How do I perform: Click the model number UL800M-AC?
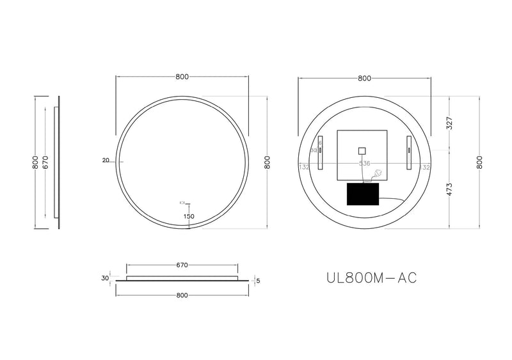click(372, 278)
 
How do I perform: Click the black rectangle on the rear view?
click(363, 194)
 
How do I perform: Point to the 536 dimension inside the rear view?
click(364, 164)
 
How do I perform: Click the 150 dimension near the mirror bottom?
click(189, 217)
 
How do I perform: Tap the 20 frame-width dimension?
click(106, 160)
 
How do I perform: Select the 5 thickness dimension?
click(257, 280)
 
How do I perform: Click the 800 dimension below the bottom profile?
click(181, 295)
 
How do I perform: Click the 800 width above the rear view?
click(364, 78)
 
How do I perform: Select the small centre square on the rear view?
click(362, 151)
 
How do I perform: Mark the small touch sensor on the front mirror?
click(182, 203)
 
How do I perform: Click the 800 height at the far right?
click(480, 163)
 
